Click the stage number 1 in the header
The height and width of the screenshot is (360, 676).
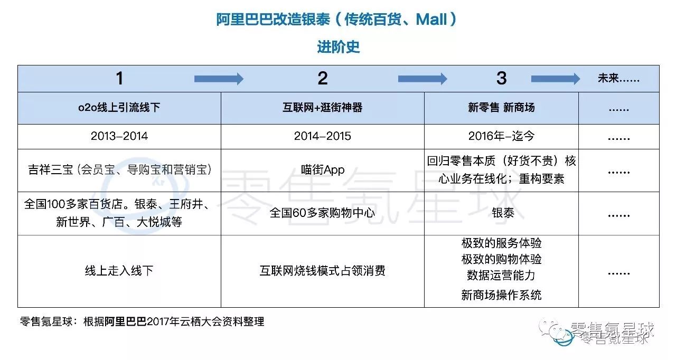[x=119, y=79]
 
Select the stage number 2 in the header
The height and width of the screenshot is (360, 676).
[x=323, y=79]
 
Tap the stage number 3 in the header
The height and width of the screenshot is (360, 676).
[x=501, y=79]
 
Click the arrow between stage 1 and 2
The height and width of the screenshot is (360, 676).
[x=219, y=79]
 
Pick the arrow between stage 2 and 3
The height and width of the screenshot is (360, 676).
[x=422, y=79]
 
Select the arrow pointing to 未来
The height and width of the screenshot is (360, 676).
[x=555, y=79]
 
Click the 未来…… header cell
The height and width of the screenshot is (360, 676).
[x=618, y=79]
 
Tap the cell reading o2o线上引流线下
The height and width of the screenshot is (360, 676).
[x=119, y=108]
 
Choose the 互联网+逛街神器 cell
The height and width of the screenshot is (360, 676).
[x=322, y=108]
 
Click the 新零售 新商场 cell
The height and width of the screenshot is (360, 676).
[x=501, y=108]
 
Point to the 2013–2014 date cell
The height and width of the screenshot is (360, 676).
[x=119, y=136]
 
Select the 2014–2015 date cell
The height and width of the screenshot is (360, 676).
[x=322, y=136]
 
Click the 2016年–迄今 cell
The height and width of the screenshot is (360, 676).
[x=501, y=136]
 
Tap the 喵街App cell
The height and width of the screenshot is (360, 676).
[x=322, y=169]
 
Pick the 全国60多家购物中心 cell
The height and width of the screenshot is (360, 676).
[x=322, y=213]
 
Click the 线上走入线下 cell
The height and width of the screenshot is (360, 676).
[x=119, y=271]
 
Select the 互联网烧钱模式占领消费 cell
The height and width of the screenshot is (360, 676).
[x=322, y=271]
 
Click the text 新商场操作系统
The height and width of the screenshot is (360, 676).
[x=501, y=295]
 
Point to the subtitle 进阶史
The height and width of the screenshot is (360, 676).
[x=338, y=47]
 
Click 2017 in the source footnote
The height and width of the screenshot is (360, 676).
[x=159, y=321]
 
